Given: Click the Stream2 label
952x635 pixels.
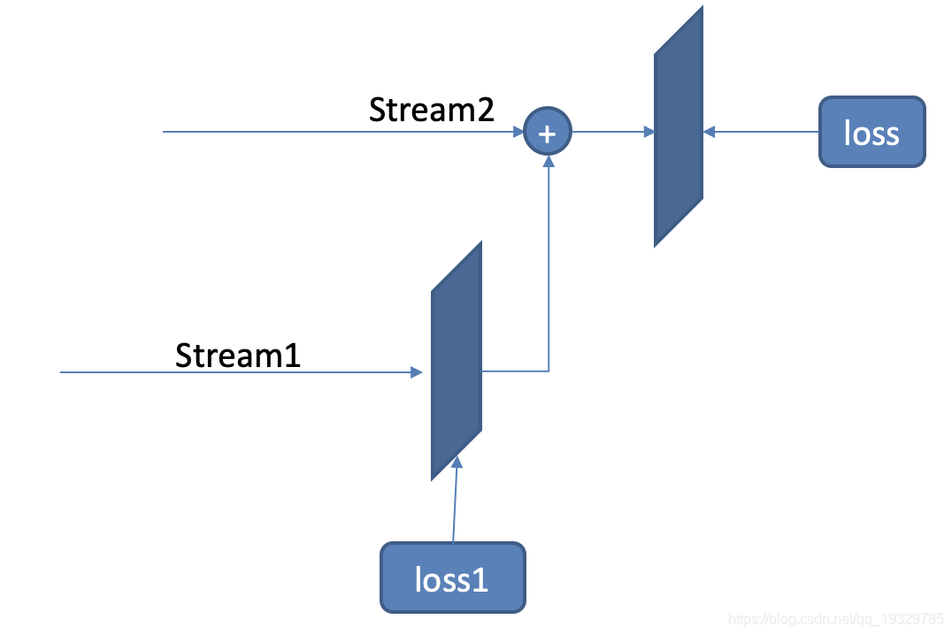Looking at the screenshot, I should [x=431, y=111].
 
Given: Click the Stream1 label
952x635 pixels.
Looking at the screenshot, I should [x=238, y=356].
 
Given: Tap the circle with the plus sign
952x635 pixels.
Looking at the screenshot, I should [x=549, y=133].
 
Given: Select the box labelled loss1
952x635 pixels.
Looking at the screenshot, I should [x=452, y=578].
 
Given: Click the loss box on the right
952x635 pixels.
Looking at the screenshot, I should [x=871, y=133].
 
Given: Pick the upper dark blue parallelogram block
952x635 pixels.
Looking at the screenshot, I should [x=679, y=126].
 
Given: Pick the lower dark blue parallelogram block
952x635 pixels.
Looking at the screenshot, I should [x=457, y=361].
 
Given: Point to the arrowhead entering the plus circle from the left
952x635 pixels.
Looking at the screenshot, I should [x=518, y=133].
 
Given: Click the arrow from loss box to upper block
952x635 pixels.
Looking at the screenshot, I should [x=761, y=133].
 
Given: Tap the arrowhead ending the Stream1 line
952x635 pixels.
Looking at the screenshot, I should [x=417, y=372].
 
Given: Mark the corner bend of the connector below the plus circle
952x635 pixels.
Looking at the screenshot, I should [x=549, y=371].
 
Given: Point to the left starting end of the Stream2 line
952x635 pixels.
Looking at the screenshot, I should [x=165, y=133].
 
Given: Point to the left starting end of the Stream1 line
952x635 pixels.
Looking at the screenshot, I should [x=62, y=372].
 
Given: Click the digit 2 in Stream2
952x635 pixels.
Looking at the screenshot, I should [x=483, y=111].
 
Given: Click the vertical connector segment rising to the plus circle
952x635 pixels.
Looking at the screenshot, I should [x=549, y=265].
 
